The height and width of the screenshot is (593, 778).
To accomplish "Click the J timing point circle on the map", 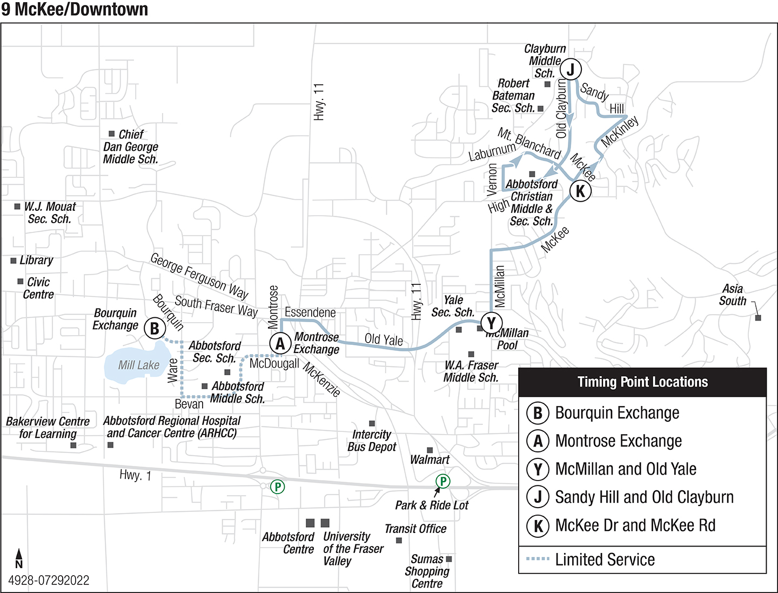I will point(570,69).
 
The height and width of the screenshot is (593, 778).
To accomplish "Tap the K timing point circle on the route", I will point(580,191).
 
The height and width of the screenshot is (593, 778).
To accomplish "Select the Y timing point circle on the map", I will point(491,323).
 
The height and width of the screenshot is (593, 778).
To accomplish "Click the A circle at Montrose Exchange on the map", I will point(280,343).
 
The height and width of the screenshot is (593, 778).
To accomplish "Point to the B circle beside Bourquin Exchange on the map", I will point(155,328).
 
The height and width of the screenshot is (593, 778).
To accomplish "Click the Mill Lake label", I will point(139,365).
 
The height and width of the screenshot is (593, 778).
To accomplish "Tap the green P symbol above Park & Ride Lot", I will point(442,481).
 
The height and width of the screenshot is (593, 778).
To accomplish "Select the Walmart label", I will point(430,459).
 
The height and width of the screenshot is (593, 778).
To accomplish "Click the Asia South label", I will point(732,295).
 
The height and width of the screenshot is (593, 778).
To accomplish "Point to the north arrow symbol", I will point(19,557).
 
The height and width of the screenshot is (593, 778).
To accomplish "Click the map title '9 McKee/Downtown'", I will point(75,9).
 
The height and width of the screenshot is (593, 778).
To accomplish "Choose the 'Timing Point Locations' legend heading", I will point(642,382).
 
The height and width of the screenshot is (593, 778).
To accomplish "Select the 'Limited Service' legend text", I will point(605,559).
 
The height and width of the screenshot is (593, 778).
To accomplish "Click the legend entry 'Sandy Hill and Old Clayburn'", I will point(644,497).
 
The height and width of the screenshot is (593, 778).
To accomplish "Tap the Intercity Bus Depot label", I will point(372,441).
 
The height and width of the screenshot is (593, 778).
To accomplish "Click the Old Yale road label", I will point(384,340).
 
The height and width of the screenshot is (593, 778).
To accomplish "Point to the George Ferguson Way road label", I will point(199,276).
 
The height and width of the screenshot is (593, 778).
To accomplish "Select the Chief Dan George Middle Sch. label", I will point(131,146).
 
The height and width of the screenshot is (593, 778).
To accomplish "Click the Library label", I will point(36,260).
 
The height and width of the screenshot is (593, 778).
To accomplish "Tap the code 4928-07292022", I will point(49,581).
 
